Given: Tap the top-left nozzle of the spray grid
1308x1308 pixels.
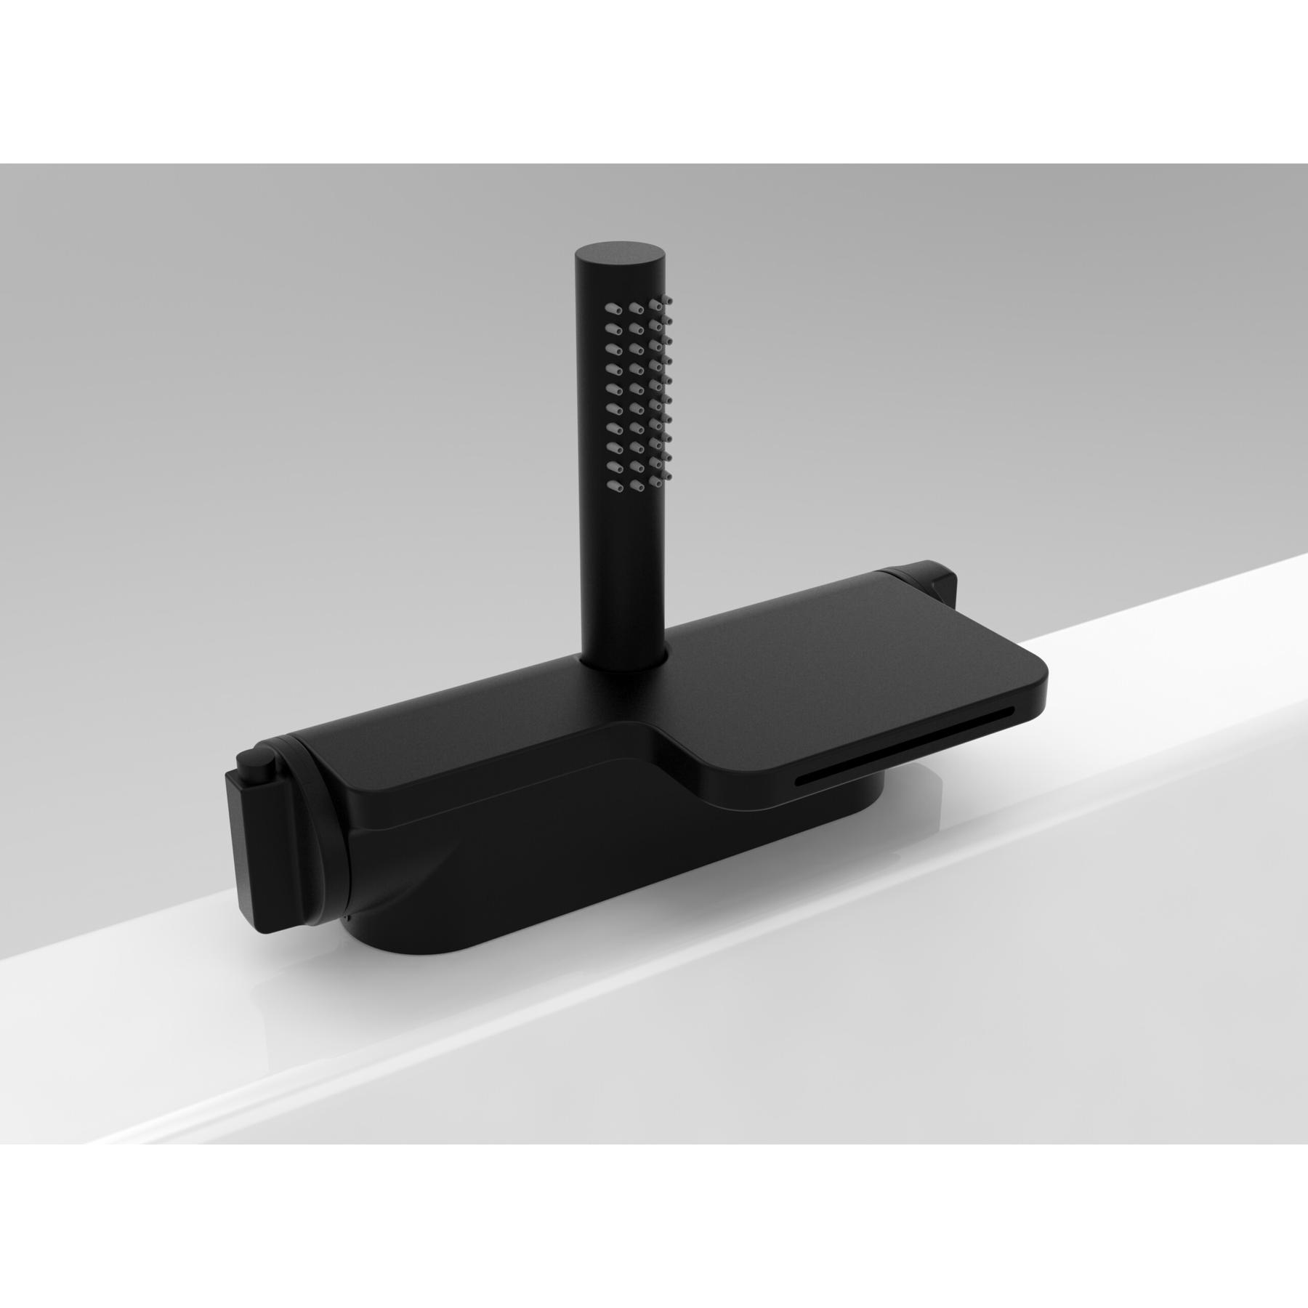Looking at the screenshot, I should [609, 310].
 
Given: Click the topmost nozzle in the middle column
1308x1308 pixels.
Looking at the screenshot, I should [637, 306].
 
